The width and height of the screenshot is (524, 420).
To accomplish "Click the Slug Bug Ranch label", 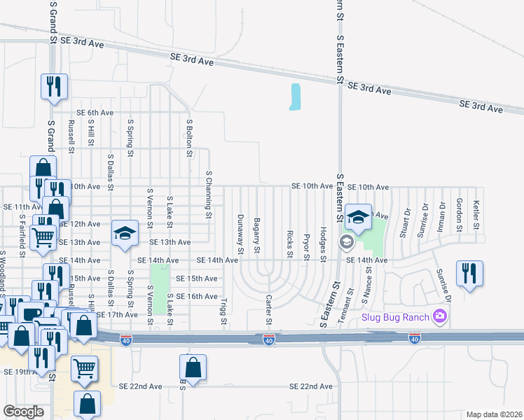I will click(396, 316).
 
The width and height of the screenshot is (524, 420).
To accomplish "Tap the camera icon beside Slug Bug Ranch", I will click(440, 316).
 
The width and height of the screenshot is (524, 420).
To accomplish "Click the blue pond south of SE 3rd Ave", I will click(296, 97).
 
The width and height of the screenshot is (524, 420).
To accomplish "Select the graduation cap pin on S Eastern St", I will click(358, 218).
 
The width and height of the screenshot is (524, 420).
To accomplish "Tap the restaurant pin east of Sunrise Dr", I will click(469, 274).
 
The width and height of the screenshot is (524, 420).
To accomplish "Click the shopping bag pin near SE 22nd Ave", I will click(193, 367).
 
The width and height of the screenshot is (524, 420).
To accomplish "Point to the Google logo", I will click(24, 411).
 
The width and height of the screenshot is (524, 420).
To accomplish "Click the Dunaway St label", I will click(241, 234).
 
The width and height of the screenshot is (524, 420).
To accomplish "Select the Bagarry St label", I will click(258, 235).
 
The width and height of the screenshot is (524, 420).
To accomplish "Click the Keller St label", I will click(476, 216).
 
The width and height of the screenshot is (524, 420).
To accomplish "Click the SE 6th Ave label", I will click(95, 113).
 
